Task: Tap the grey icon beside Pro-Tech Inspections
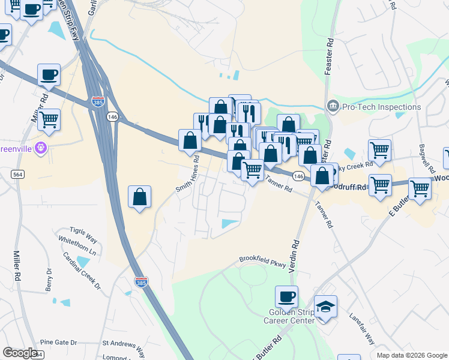(333, 107)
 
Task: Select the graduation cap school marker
(325, 307)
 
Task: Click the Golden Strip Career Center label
(289, 316)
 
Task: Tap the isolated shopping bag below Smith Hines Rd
(139, 197)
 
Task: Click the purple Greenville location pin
(41, 148)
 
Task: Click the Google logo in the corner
(20, 353)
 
